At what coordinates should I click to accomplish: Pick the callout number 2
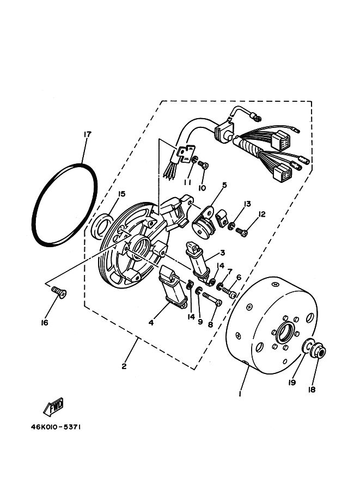click(x=124, y=366)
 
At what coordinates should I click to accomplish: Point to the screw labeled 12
click(x=242, y=232)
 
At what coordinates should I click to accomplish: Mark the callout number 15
click(x=121, y=194)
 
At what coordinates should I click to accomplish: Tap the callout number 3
click(x=222, y=254)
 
